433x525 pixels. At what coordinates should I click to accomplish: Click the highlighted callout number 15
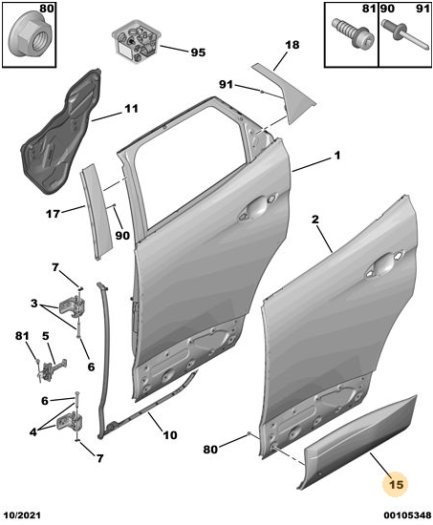(396, 485)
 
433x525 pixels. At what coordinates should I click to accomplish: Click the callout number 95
(198, 52)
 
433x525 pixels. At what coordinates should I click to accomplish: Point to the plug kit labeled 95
(137, 45)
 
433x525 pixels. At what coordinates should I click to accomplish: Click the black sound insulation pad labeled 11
(59, 132)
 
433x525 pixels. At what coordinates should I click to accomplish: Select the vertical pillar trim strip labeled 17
(97, 212)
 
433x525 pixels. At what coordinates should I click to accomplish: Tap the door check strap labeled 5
(52, 369)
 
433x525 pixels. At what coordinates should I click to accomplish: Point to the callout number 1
(337, 156)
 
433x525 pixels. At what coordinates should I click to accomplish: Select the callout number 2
(314, 220)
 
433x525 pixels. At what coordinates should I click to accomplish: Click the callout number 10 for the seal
(170, 435)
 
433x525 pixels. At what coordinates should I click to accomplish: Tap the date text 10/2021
(22, 514)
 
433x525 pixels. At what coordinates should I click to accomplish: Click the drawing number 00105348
(407, 514)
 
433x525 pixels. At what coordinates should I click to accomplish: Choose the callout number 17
(53, 214)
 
